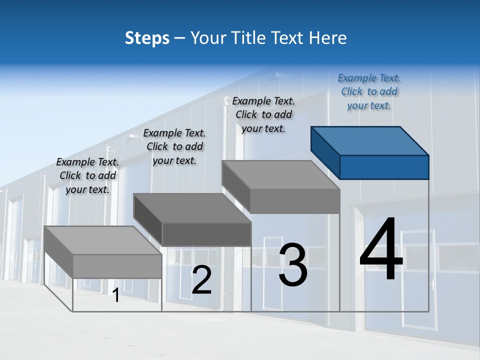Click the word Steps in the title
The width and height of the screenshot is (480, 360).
pyautogui.click(x=147, y=38)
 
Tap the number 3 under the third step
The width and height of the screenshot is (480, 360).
pyautogui.click(x=293, y=265)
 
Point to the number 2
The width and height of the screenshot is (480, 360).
pyautogui.click(x=202, y=280)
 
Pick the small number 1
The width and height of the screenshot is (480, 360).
pyautogui.click(x=116, y=295)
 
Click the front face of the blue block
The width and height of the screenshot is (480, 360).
pyautogui.click(x=384, y=167)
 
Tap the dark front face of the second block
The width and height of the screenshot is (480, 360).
pyautogui.click(x=206, y=234)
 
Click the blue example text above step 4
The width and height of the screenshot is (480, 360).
pyautogui.click(x=369, y=91)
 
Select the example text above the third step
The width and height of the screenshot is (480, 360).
pyautogui.click(x=263, y=114)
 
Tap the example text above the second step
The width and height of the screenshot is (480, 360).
pyautogui.click(x=174, y=146)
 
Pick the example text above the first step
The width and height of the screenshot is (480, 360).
pyautogui.click(x=87, y=175)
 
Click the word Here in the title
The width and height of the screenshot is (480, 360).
pyautogui.click(x=327, y=38)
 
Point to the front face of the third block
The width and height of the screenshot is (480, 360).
pyautogui.click(x=295, y=201)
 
